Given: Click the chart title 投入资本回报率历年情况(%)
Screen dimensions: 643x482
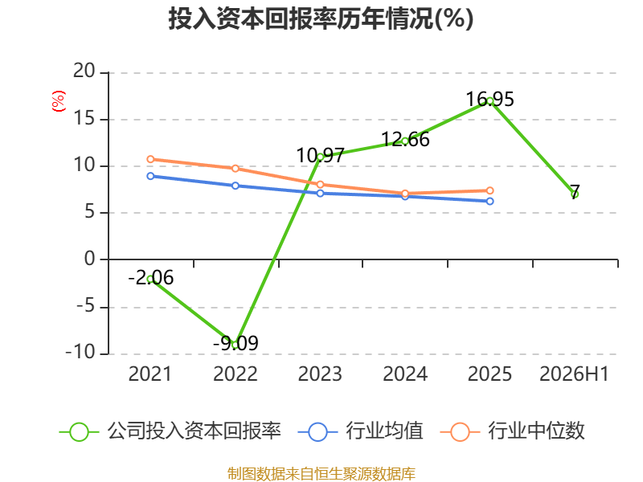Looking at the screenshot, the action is click(x=321, y=18).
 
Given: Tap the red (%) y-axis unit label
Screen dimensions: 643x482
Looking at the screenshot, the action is click(x=58, y=101).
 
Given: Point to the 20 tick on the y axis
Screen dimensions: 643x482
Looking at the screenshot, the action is click(x=84, y=71).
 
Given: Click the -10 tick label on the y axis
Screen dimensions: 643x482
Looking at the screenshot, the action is click(x=80, y=353).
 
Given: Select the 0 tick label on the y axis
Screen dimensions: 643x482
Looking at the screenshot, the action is click(x=90, y=259).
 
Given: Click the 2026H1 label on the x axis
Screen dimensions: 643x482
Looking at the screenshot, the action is click(x=574, y=374).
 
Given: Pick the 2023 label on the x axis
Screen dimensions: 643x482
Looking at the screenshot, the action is click(x=320, y=374).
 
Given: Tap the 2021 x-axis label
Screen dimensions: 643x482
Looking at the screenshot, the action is click(x=150, y=374).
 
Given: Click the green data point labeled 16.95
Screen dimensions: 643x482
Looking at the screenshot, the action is click(x=489, y=101).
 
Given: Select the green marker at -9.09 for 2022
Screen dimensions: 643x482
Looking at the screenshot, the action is click(x=235, y=345).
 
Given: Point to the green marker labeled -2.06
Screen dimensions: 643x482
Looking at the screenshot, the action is click(x=150, y=279).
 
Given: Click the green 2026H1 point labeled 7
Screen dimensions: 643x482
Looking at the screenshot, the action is click(x=575, y=194).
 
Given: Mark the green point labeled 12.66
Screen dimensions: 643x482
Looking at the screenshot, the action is click(x=405, y=141).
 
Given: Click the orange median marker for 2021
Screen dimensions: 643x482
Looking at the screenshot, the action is click(x=150, y=159).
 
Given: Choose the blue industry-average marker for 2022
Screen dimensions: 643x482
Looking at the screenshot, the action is click(x=235, y=186).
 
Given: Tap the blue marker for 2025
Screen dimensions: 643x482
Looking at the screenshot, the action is click(x=489, y=202).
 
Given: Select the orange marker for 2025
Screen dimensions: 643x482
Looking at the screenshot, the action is click(x=489, y=190).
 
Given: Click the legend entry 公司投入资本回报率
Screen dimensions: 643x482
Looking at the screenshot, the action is click(x=170, y=431).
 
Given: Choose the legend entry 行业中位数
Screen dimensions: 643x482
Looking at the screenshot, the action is click(x=512, y=431).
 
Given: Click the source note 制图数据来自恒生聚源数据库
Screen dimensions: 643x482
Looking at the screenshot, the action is click(x=321, y=474).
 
